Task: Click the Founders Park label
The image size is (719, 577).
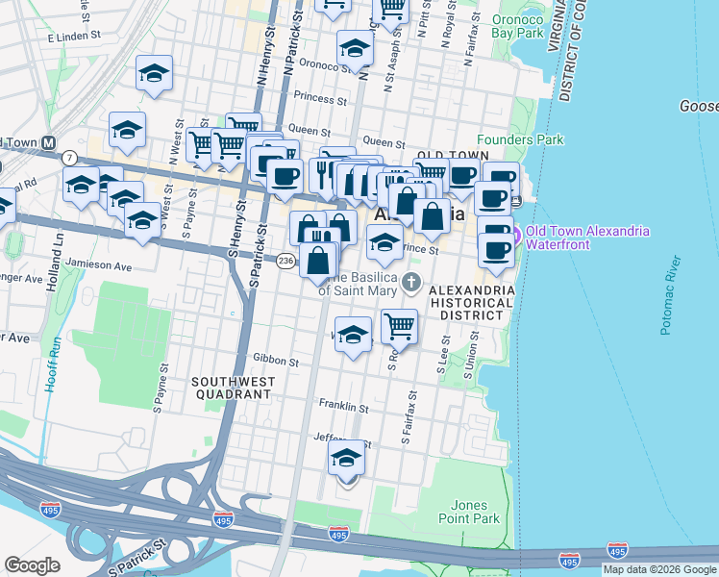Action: (x=520, y=139)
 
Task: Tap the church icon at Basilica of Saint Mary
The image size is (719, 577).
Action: (x=411, y=283)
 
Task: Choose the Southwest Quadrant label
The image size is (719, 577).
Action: (x=233, y=388)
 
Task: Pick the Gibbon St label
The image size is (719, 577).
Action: (x=276, y=361)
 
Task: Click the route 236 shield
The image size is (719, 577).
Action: (x=285, y=261)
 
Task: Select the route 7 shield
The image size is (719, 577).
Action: (x=69, y=157)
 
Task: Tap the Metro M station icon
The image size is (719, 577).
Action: (x=46, y=142)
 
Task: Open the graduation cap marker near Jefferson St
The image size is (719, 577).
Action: (x=347, y=459)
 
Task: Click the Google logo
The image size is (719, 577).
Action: (x=32, y=565)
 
